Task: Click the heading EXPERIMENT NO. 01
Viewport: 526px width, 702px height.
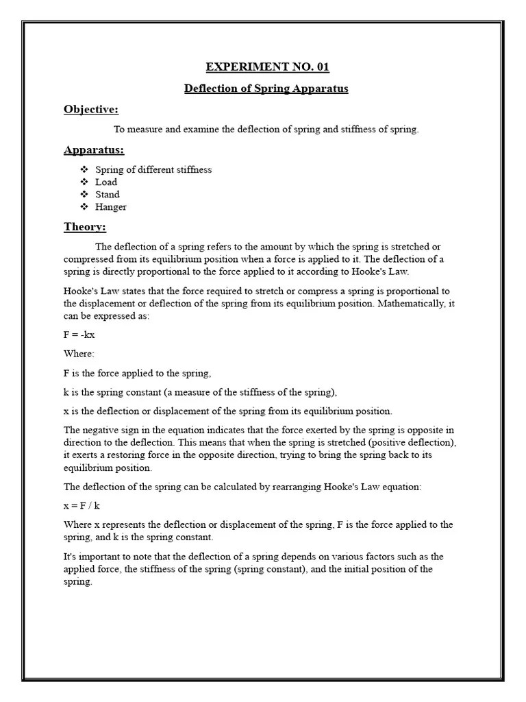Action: pyautogui.click(x=267, y=67)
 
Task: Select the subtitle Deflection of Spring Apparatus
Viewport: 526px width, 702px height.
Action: pyautogui.click(x=266, y=89)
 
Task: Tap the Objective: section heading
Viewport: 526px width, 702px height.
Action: pyautogui.click(x=91, y=110)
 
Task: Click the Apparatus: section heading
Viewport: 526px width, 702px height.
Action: pyautogui.click(x=94, y=150)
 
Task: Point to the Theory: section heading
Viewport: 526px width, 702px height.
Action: pyautogui.click(x=85, y=227)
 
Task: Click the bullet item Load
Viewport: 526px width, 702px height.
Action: pyautogui.click(x=106, y=182)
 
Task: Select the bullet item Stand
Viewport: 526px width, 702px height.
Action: pyautogui.click(x=108, y=194)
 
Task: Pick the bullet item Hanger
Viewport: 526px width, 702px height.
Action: pyautogui.click(x=111, y=206)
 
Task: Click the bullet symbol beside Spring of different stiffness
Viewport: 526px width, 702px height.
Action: pyautogui.click(x=84, y=169)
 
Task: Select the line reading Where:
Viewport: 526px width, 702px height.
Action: pyautogui.click(x=79, y=354)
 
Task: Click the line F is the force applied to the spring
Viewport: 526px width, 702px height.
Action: pyautogui.click(x=138, y=373)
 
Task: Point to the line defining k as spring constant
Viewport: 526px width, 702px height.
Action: pyautogui.click(x=200, y=392)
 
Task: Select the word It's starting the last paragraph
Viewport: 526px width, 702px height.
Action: pyautogui.click(x=71, y=557)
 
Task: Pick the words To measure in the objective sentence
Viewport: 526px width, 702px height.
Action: pyautogui.click(x=134, y=130)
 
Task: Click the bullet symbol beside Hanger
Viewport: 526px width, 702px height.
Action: pyautogui.click(x=84, y=206)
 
